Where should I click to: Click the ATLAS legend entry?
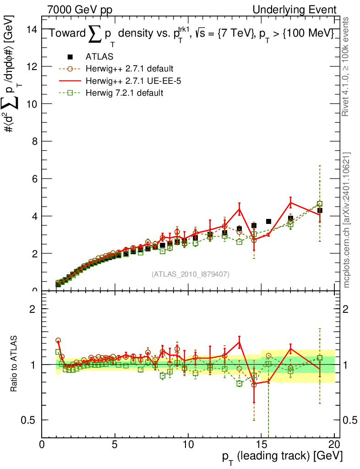pos(99,57)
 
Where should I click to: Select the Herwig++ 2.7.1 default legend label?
pos(129,69)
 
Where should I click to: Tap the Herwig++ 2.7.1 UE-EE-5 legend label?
pos(130,81)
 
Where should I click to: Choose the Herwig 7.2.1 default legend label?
pos(124,93)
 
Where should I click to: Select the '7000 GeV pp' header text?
pos(80,10)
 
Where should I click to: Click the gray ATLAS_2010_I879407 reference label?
pos(191,274)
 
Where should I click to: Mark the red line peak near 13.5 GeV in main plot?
pos(239,209)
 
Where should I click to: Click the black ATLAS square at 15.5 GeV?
pos(269,221)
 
